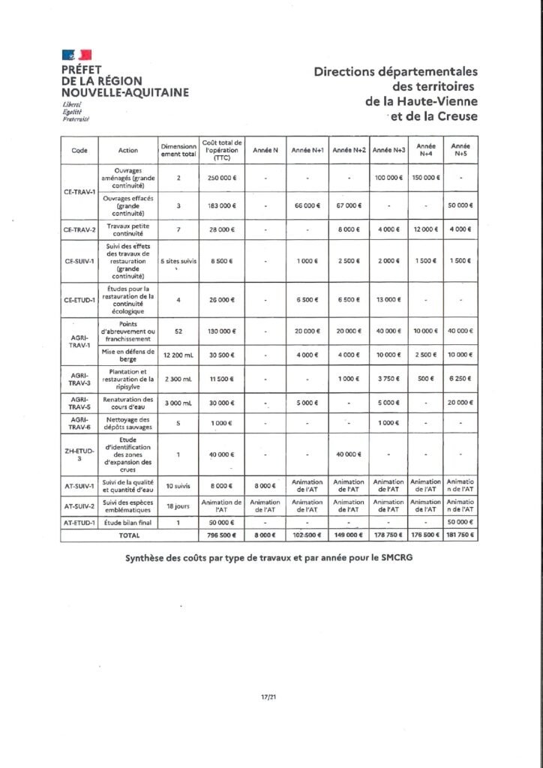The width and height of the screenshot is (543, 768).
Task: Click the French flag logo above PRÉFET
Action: pyautogui.click(x=76, y=55)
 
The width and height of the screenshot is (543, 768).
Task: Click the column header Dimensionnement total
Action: pyautogui.click(x=178, y=150)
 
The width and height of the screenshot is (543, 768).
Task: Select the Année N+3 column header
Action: pyautogui.click(x=388, y=150)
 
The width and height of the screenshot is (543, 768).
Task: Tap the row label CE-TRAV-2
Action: pyautogui.click(x=79, y=229)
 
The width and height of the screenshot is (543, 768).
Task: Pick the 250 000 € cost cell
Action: pyautogui.click(x=221, y=178)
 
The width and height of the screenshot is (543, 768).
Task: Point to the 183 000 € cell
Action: pyautogui.click(x=221, y=205)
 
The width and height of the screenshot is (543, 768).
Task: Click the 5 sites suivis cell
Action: pyautogui.click(x=178, y=260)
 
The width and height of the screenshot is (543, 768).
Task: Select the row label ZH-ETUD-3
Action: pyautogui.click(x=79, y=454)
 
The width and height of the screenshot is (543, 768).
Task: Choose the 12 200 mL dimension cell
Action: pyautogui.click(x=178, y=354)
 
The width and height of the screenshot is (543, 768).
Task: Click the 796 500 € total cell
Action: pyautogui.click(x=221, y=535)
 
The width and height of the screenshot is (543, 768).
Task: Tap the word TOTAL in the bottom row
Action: pyautogui.click(x=129, y=535)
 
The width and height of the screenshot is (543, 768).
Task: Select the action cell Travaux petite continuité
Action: pyautogui.click(x=128, y=229)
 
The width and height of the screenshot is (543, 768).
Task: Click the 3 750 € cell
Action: pyautogui.click(x=388, y=378)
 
